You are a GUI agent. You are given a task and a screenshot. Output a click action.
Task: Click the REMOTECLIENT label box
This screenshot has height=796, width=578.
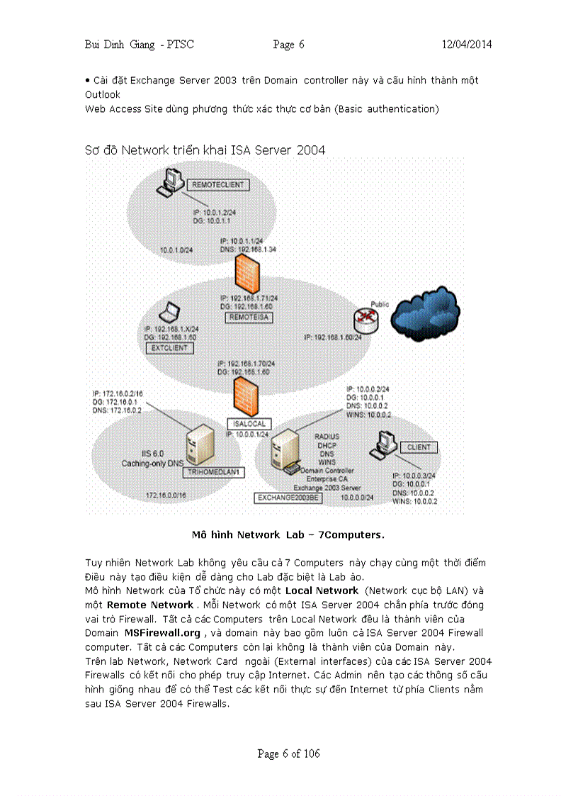(217, 185)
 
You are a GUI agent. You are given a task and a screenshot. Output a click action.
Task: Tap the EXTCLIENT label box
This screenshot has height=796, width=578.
(169, 348)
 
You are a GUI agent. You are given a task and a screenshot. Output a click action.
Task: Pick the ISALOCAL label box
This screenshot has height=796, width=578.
(247, 423)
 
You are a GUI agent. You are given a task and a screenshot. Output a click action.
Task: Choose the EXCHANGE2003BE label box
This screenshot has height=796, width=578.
(288, 498)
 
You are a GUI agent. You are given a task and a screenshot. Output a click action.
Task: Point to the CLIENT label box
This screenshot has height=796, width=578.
(419, 447)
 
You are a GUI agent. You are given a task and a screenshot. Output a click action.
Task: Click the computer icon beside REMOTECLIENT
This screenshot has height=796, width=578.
(169, 183)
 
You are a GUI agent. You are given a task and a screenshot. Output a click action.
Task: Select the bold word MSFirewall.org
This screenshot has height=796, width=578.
(162, 632)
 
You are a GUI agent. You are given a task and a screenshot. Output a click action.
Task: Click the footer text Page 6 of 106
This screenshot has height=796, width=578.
(288, 753)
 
